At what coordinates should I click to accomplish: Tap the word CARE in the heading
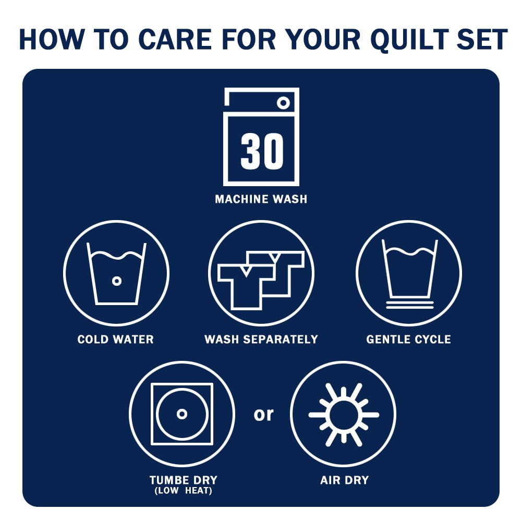tap(175, 39)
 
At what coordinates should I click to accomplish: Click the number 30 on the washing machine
tap(262, 151)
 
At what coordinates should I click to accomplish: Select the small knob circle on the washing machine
tap(283, 103)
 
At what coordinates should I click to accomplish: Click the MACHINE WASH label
tap(261, 199)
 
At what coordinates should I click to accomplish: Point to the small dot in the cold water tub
tap(116, 281)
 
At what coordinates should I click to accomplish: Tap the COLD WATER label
tap(116, 339)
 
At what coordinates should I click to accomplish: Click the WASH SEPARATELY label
tap(261, 339)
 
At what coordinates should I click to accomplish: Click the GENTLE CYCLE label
tap(408, 339)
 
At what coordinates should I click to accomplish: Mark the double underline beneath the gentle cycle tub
tap(410, 305)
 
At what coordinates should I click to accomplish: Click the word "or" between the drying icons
tap(263, 415)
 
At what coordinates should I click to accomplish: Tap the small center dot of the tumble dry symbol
tap(182, 414)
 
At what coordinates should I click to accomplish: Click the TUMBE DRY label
tap(184, 480)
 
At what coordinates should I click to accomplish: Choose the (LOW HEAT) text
tap(184, 490)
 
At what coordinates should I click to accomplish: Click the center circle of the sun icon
tap(344, 415)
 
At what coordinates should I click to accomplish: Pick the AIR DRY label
tap(345, 480)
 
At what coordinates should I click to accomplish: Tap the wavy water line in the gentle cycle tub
tap(410, 251)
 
